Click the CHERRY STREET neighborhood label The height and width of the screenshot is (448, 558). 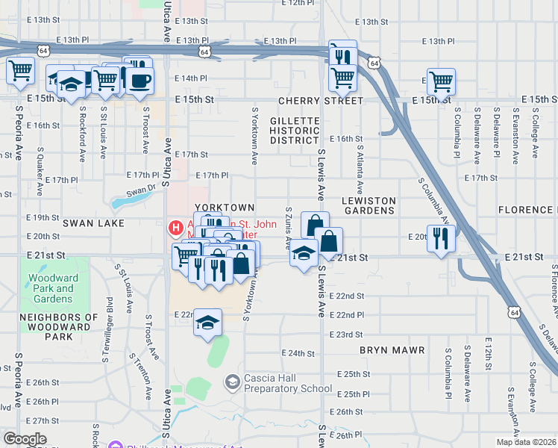(321, 100)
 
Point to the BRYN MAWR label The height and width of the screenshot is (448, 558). (392, 349)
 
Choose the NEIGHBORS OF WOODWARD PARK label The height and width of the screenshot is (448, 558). (59, 327)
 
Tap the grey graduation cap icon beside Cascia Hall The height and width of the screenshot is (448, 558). (233, 382)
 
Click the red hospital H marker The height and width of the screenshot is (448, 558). (176, 227)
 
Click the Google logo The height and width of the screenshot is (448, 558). (25, 439)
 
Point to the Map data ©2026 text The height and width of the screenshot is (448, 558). (526, 442)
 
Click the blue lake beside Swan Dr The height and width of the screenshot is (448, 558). (123, 202)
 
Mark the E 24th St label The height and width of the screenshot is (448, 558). (299, 353)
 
